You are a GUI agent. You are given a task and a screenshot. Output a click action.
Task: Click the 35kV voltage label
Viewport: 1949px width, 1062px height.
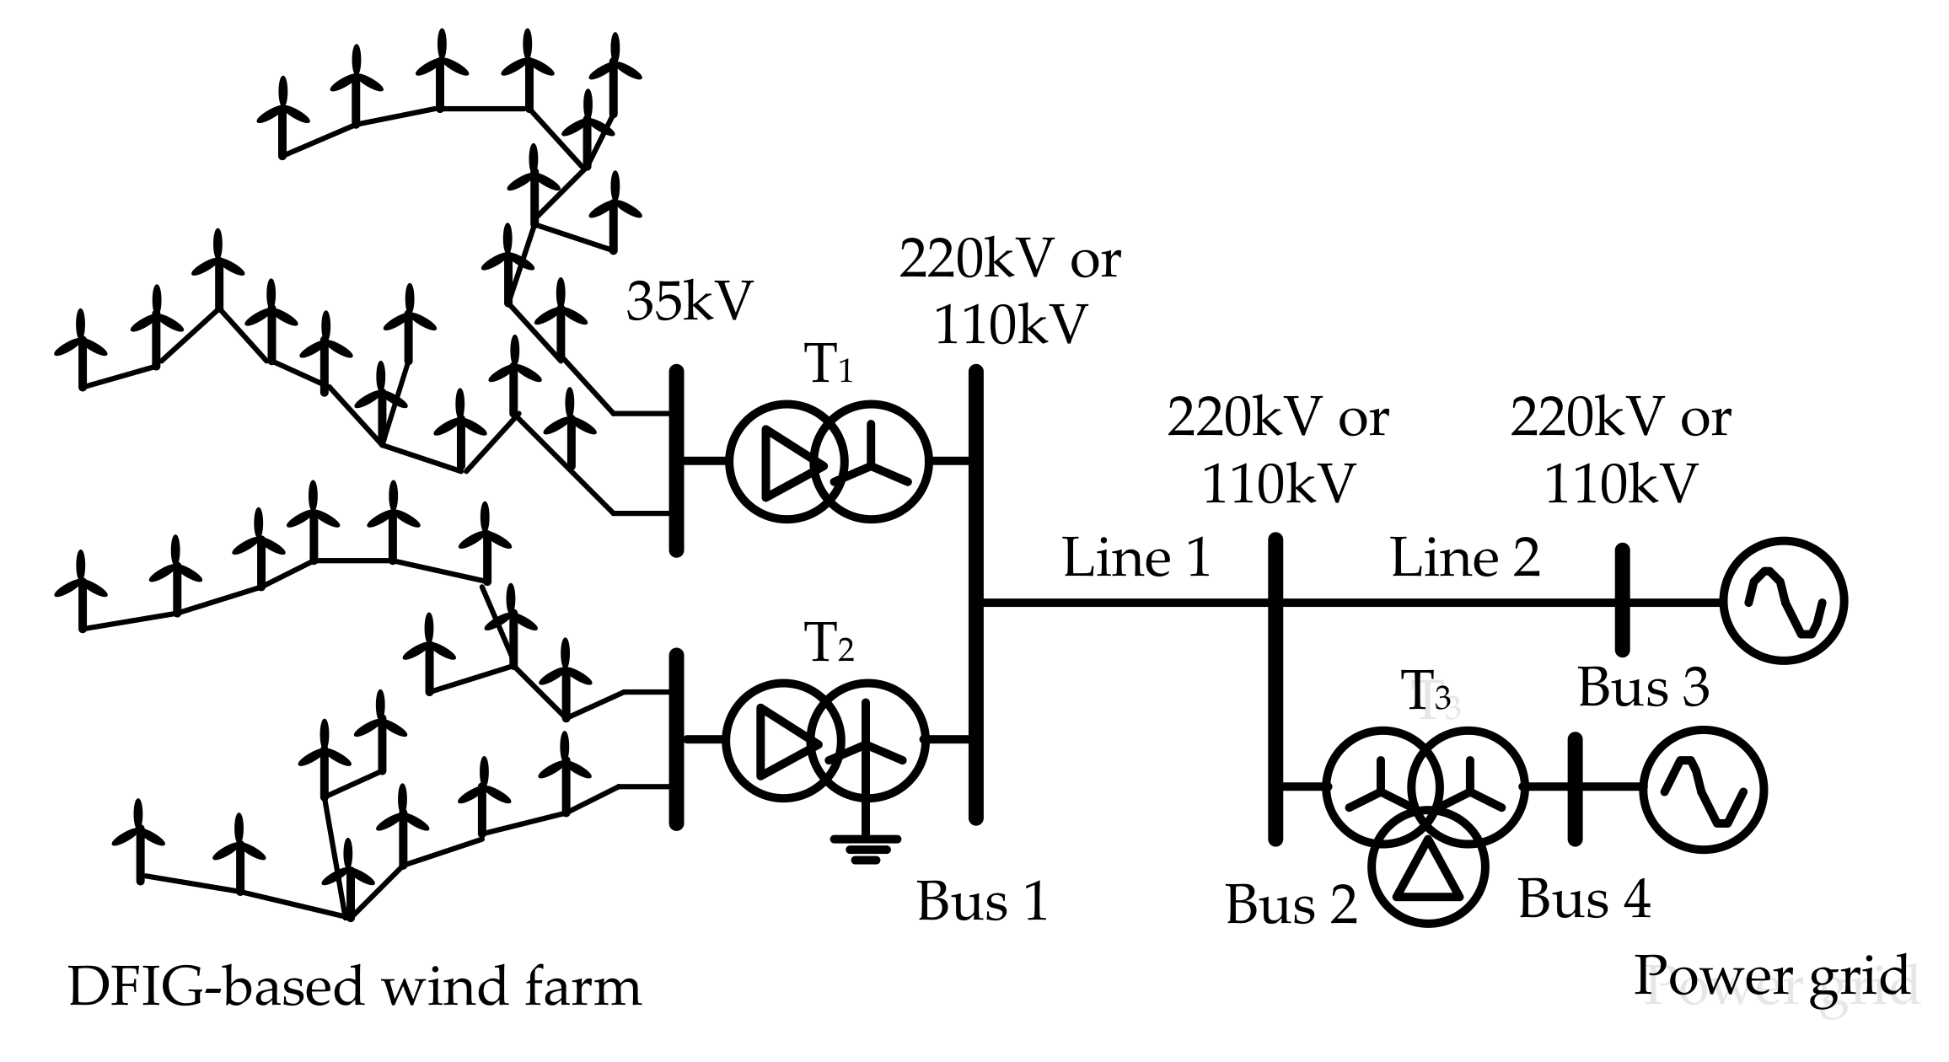click(688, 302)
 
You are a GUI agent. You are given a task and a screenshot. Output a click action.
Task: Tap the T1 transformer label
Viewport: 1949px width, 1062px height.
click(830, 366)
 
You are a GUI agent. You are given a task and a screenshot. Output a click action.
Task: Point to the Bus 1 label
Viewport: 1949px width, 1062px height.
click(982, 901)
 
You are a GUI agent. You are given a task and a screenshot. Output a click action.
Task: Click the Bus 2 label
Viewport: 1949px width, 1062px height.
click(1291, 905)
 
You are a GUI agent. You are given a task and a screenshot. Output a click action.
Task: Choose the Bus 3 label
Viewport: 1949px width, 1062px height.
click(1643, 687)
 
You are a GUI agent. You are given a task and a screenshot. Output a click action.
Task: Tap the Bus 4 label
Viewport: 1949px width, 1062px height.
click(1584, 899)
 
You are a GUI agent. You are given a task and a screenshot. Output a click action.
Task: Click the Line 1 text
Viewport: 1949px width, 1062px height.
click(1136, 559)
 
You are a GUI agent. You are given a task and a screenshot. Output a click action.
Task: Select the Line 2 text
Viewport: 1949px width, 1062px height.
click(1465, 559)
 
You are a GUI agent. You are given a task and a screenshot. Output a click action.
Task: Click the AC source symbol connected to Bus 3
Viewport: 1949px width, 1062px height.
click(1783, 602)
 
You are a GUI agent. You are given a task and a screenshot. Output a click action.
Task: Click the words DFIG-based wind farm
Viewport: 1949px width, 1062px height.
click(354, 987)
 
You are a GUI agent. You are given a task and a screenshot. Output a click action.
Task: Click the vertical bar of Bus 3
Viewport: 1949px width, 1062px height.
click(1622, 600)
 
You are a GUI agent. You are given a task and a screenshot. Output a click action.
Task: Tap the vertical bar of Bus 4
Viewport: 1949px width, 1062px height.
click(1574, 789)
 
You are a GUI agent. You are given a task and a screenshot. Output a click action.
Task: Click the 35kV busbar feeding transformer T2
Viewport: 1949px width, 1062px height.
click(676, 739)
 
